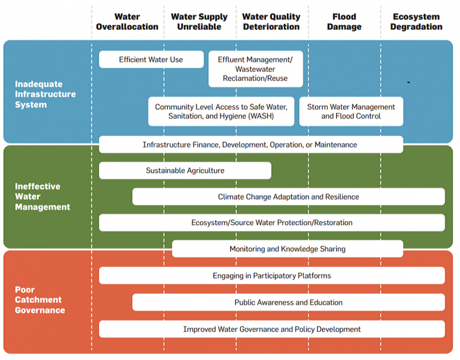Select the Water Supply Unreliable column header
tap(199, 22)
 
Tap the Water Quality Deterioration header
tap(271, 22)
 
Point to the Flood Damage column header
tap(344, 22)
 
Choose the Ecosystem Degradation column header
tap(417, 22)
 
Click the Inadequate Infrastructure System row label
tap(46, 95)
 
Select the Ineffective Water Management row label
tap(43, 196)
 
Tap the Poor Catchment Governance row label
tap(40, 300)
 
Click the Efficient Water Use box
tap(151, 59)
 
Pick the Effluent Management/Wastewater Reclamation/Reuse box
tap(255, 69)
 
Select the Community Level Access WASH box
tap(221, 111)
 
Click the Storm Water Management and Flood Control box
tap(351, 111)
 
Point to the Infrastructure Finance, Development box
tap(250, 144)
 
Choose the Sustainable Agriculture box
tap(185, 171)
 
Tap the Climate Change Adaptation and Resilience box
tap(288, 196)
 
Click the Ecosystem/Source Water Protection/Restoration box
tap(271, 222)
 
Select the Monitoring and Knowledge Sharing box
tap(287, 249)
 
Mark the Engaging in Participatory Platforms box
tap(271, 276)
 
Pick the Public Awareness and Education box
tap(288, 302)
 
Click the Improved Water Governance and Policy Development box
tap(271, 329)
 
